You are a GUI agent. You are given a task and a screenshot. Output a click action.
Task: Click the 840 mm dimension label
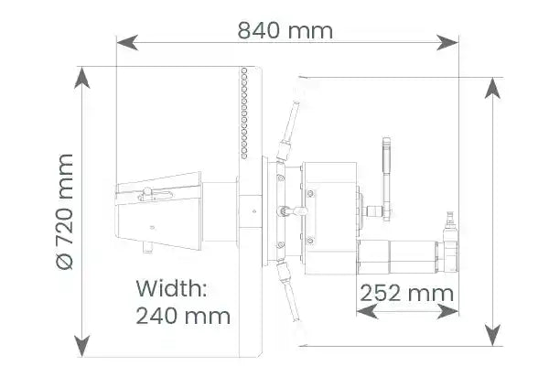pyautogui.click(x=285, y=30)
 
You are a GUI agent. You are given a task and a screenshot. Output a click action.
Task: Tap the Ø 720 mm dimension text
pyautogui.click(x=65, y=211)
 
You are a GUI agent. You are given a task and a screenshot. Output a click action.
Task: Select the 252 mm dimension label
pyautogui.click(x=406, y=293)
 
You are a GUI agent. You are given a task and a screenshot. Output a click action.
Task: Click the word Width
pyautogui.click(x=172, y=288)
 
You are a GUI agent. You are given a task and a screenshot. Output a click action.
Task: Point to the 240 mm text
pyautogui.click(x=183, y=316)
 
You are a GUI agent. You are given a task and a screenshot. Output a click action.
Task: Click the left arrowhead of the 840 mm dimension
pyautogui.click(x=127, y=43)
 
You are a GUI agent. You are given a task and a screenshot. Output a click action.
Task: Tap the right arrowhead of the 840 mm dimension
pyautogui.click(x=447, y=43)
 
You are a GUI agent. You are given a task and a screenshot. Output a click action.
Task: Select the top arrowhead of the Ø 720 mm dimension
pyautogui.click(x=82, y=78)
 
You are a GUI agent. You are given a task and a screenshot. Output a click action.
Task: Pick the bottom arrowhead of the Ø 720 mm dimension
pyautogui.click(x=82, y=346)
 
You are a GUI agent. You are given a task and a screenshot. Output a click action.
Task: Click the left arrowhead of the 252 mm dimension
pyautogui.click(x=367, y=311)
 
